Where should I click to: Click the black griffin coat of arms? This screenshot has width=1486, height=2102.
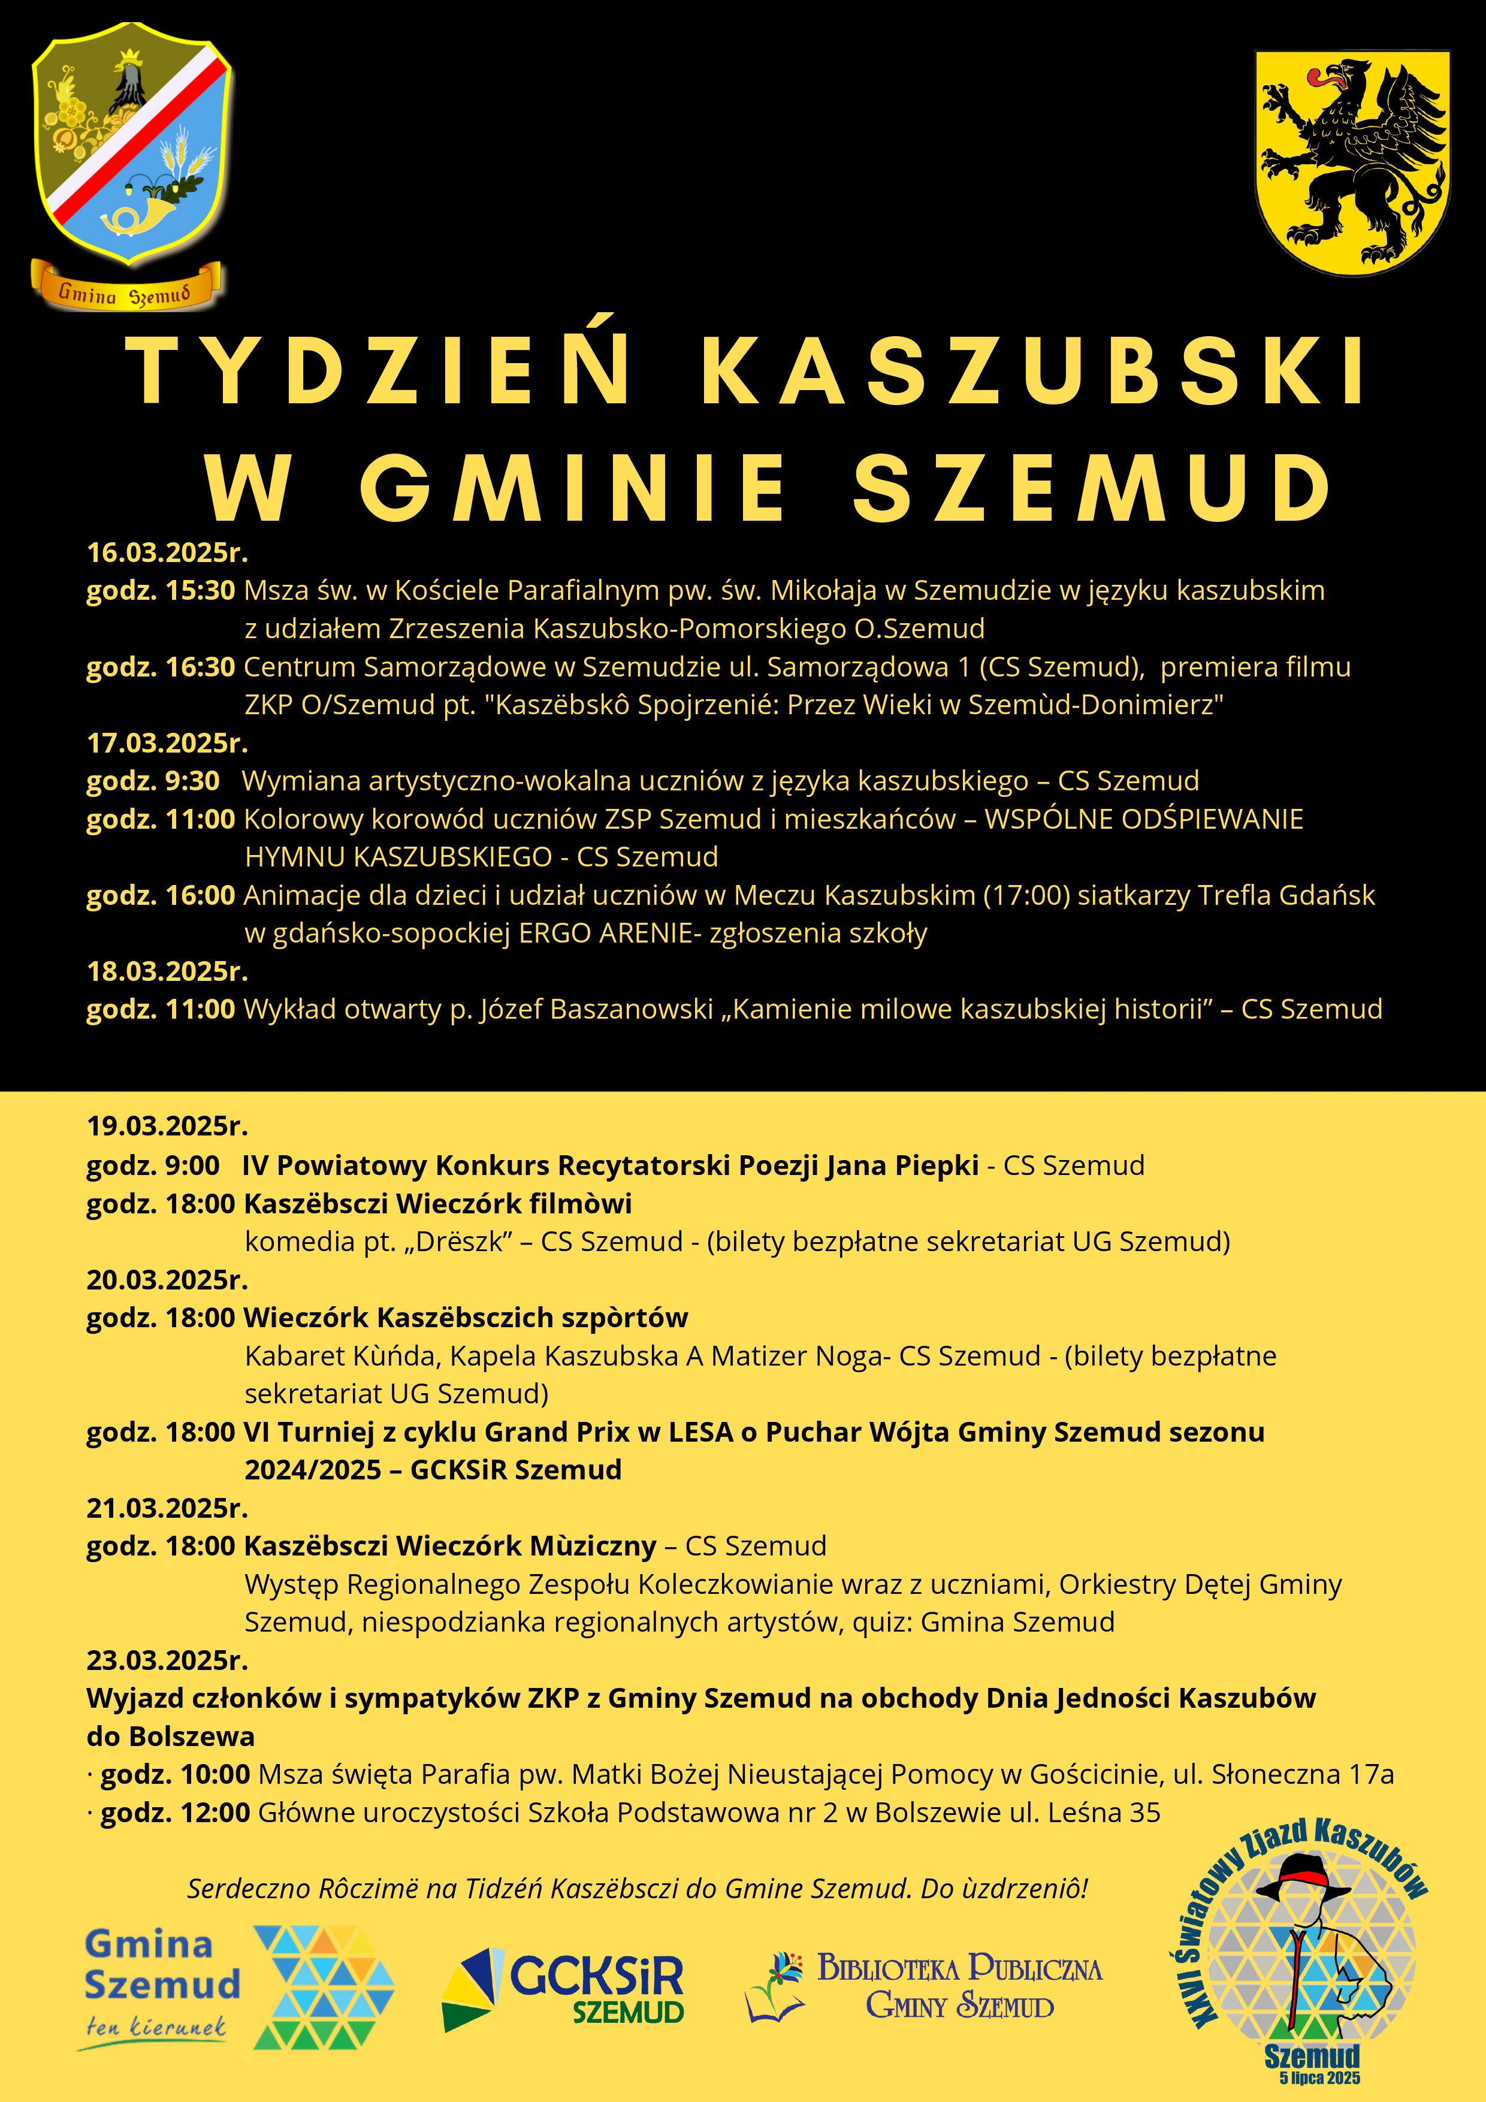(1351, 162)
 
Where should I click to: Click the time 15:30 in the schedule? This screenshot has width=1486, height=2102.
(201, 590)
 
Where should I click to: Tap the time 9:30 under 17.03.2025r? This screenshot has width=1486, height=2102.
(192, 781)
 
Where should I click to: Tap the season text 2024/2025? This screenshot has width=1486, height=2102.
(312, 1469)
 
